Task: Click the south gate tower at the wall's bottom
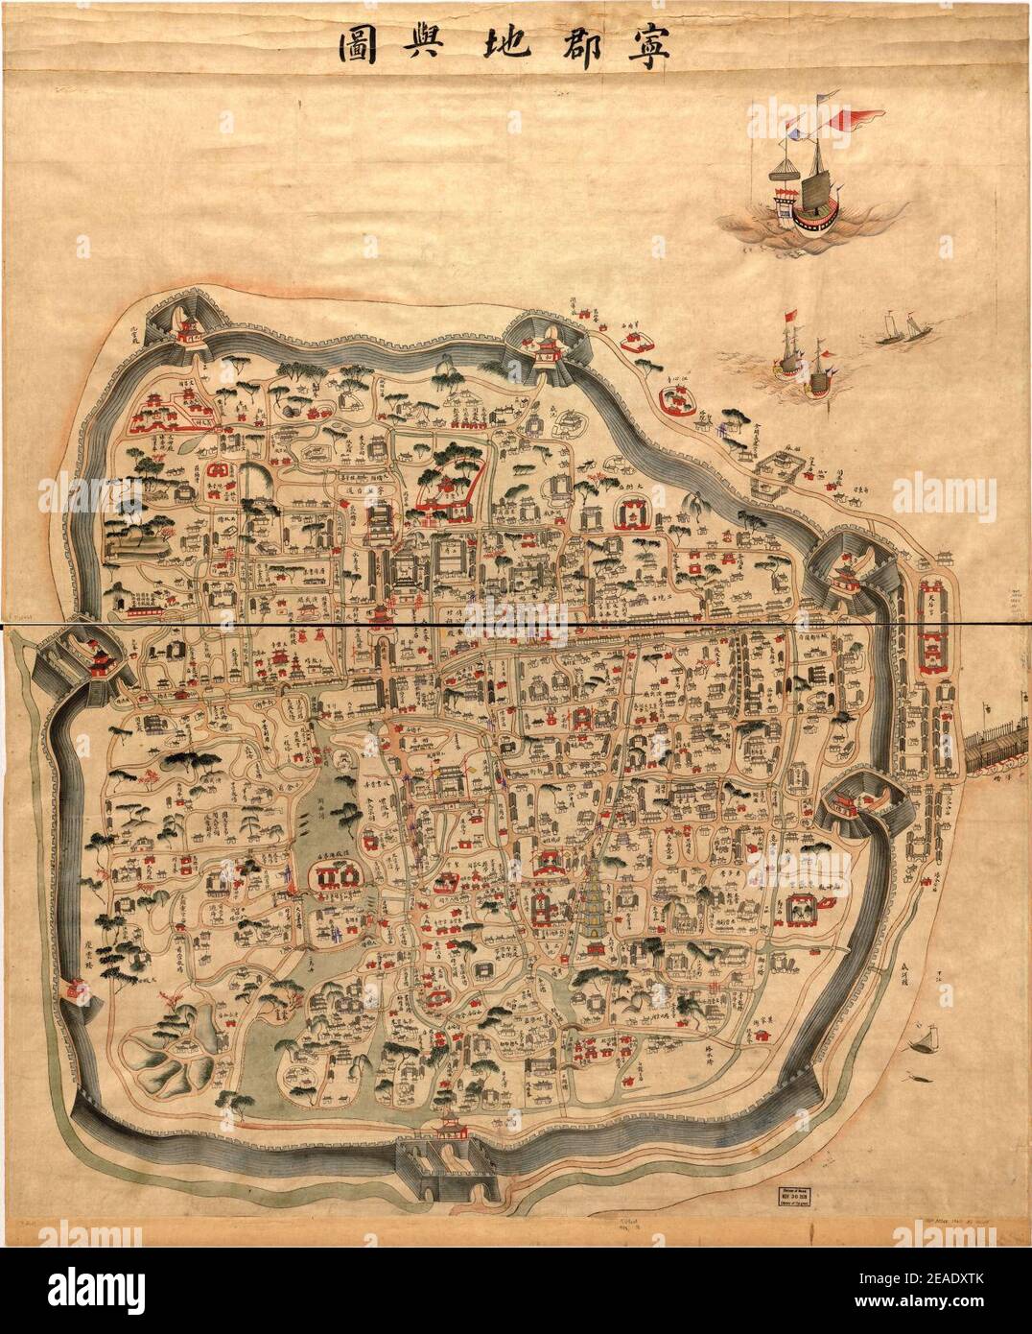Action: pyautogui.click(x=448, y=1132)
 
